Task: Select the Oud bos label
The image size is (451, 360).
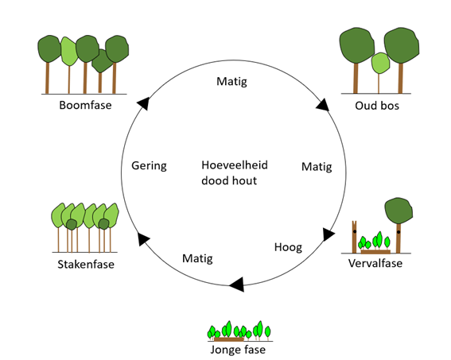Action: pos(377,105)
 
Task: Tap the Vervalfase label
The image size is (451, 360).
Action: pos(375,263)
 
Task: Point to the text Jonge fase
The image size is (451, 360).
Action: pos(238,349)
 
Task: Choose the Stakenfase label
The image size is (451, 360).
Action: pos(85,264)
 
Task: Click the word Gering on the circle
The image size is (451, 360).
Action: pos(149,166)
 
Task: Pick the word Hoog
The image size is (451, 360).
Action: pos(288,247)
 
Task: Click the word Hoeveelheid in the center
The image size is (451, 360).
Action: pos(235,165)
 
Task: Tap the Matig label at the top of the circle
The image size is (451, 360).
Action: pos(233,81)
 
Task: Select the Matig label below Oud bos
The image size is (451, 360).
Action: pos(317,167)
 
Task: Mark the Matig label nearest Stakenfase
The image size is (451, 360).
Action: pos(197,258)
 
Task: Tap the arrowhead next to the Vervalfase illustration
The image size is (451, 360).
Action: pos(329,234)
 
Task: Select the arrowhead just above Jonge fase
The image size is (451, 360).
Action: pos(236,284)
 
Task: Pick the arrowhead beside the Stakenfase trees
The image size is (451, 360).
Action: pos(143,238)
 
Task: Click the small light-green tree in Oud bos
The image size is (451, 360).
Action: pos(379,62)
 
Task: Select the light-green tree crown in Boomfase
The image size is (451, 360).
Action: pos(69,52)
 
